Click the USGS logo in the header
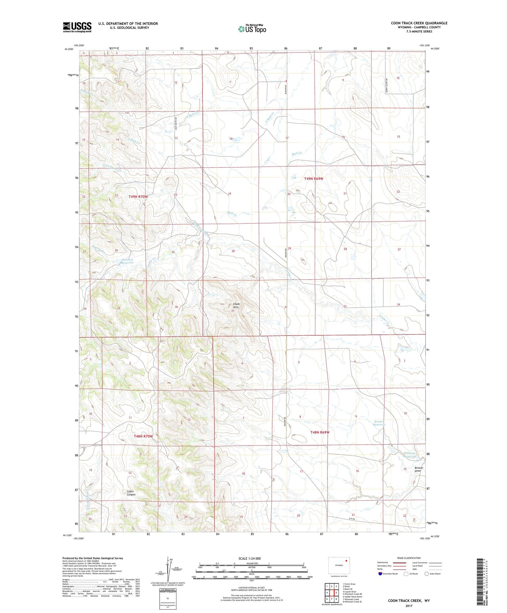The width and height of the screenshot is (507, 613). point(77,27)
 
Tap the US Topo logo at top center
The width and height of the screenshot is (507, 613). point(252,29)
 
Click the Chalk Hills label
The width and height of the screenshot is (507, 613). point(235,305)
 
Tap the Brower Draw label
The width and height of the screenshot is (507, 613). point(418,469)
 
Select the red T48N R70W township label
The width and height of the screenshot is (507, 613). point(143,436)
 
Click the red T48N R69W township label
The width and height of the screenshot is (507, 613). point(320,432)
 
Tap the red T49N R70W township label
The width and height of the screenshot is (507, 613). point(138,196)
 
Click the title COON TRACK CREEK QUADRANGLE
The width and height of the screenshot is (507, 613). point(419,23)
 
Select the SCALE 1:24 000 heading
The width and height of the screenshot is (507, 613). point(251,559)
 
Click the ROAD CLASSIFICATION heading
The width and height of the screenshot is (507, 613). point(409,558)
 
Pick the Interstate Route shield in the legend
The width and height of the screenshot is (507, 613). point(380,574)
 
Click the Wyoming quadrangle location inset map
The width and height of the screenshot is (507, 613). point(339,565)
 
